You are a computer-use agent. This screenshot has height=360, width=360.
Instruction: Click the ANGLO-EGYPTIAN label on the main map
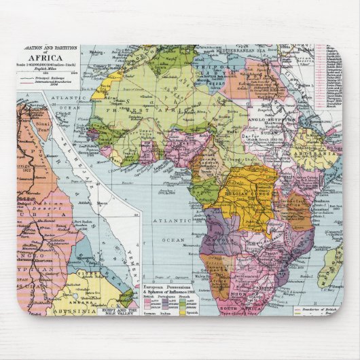coord(275,116)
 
